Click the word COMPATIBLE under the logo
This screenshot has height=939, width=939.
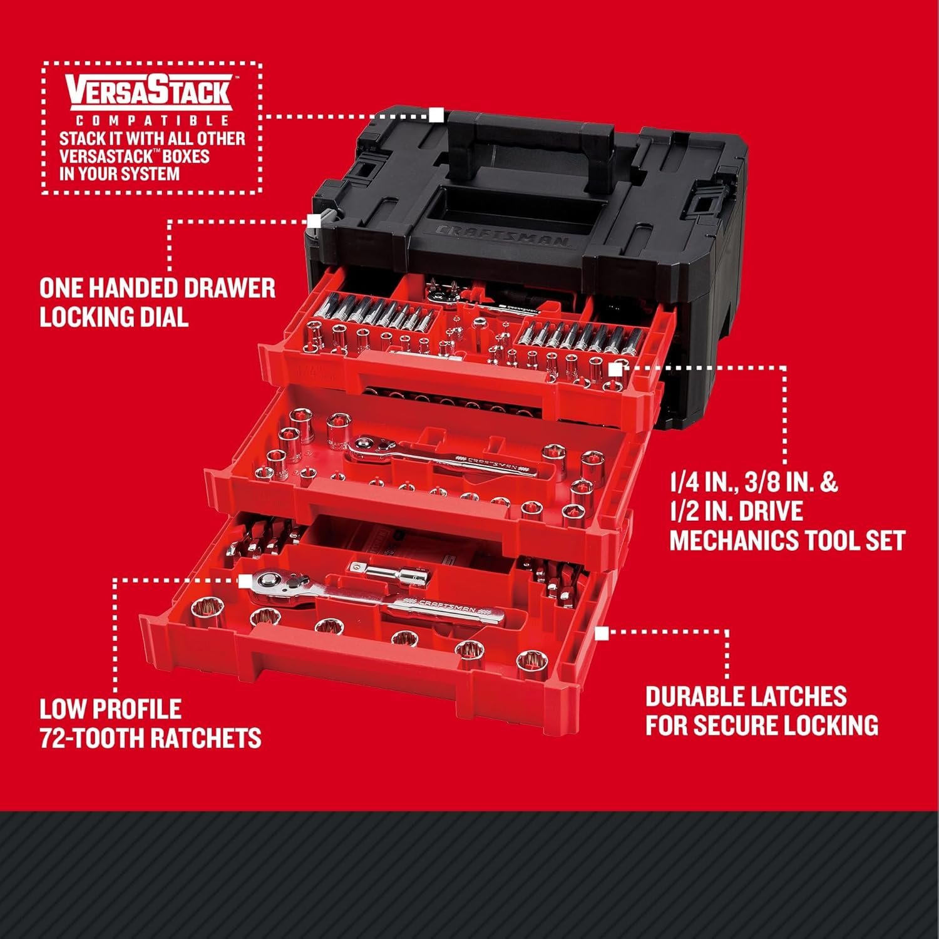coord(149,120)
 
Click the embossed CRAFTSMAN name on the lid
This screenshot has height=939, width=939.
coord(501,237)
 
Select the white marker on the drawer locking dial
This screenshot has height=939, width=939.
coord(314,221)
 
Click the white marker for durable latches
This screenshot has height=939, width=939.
coord(602,634)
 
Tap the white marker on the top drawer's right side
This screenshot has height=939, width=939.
coord(615,369)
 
